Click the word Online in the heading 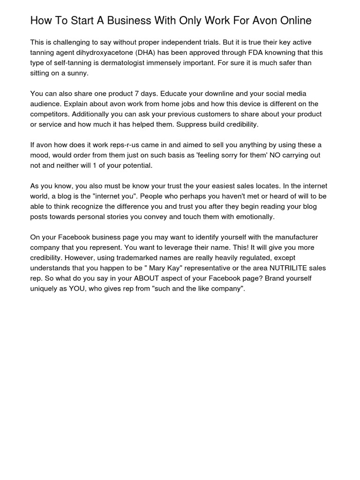click(x=295, y=21)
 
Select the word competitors click(x=50, y=114)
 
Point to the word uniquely click(x=45, y=289)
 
